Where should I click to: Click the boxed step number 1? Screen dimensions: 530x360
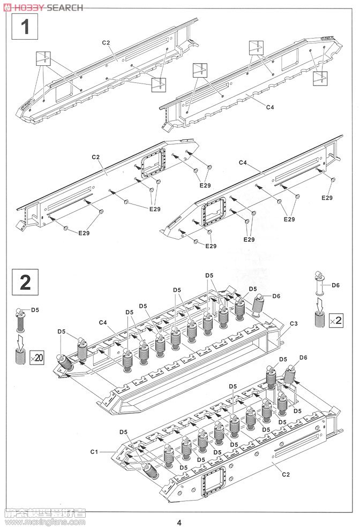pos(25,27)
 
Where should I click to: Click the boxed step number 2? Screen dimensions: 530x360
pos(25,282)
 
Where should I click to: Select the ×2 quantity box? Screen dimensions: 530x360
pos(336,320)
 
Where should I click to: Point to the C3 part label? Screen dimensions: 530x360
pos(293,324)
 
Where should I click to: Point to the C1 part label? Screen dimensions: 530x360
pos(94,452)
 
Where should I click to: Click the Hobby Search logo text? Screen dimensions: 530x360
pos(43,7)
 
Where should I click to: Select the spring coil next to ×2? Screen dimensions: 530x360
pos(320,321)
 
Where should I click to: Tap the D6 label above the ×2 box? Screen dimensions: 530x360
pos(335,285)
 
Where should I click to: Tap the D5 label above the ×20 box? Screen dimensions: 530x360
pos(35,309)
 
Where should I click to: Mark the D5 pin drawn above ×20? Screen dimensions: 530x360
pos(20,320)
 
